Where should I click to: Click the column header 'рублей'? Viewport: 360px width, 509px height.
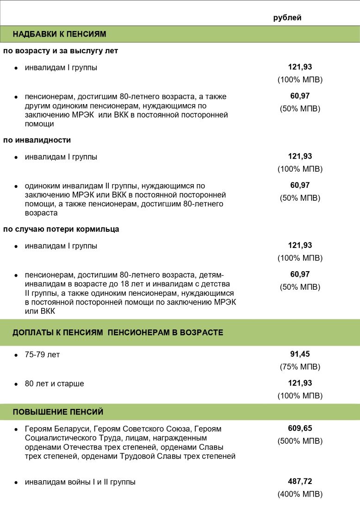click(287, 18)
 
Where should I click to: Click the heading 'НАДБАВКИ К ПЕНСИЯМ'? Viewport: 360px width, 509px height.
click(59, 34)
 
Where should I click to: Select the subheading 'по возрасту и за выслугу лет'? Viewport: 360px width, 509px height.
click(61, 50)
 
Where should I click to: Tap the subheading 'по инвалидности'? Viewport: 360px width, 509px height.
click(37, 140)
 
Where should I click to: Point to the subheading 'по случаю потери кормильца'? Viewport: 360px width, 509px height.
click(61, 229)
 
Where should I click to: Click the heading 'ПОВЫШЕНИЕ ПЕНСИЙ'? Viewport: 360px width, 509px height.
click(58, 412)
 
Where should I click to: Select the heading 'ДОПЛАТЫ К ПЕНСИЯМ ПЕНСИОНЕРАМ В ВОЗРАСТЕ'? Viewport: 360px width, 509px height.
click(118, 332)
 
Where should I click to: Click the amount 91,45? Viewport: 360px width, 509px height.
click(300, 354)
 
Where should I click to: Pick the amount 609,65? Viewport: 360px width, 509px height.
click(300, 428)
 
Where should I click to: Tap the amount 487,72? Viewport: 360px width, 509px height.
click(300, 481)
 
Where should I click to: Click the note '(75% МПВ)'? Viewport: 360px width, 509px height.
click(300, 367)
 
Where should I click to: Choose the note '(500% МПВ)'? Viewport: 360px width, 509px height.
click(300, 441)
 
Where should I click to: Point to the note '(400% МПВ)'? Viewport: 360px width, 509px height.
click(300, 494)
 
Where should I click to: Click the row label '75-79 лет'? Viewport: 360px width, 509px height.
click(42, 355)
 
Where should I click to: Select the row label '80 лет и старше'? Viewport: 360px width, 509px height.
click(55, 384)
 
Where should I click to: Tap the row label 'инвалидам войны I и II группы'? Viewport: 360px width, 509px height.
click(80, 482)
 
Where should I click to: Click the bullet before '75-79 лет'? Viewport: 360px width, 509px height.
click(16, 355)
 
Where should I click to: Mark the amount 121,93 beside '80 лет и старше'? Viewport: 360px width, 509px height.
click(300, 383)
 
